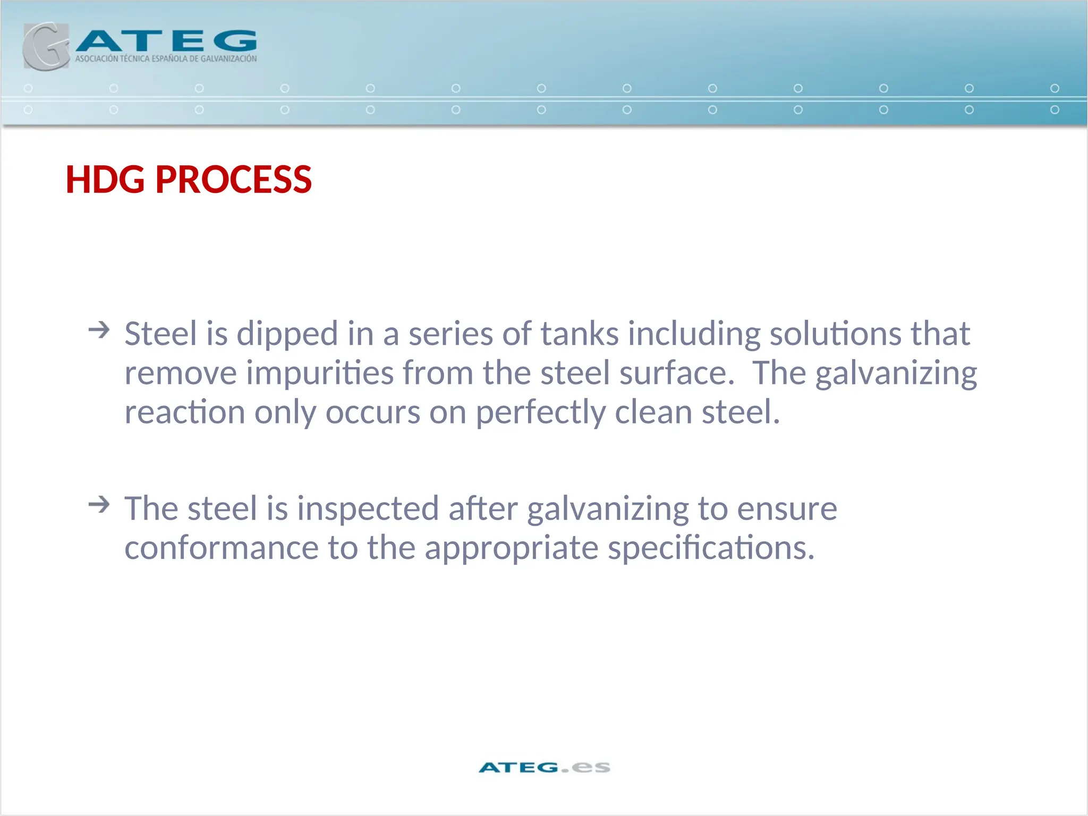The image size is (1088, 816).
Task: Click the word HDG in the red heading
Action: tap(105, 180)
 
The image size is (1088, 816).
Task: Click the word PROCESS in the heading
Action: tap(233, 180)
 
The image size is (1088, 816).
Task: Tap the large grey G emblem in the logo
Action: tap(45, 47)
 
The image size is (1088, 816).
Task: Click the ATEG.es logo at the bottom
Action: tap(544, 767)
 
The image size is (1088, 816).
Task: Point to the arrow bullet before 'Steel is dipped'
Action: tap(99, 330)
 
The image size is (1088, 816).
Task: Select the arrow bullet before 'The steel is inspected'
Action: tap(99, 504)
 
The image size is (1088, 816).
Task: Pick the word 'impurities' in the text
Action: tap(320, 373)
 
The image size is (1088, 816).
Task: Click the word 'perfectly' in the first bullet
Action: tap(540, 413)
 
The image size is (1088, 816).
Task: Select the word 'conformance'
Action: tap(221, 548)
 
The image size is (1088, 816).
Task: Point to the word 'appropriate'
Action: tap(511, 549)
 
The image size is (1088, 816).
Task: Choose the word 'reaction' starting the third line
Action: tap(184, 412)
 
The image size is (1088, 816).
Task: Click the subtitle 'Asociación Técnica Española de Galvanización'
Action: tap(166, 58)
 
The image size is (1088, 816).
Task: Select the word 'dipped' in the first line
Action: tap(287, 335)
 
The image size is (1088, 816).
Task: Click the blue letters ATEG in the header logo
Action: tap(166, 41)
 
